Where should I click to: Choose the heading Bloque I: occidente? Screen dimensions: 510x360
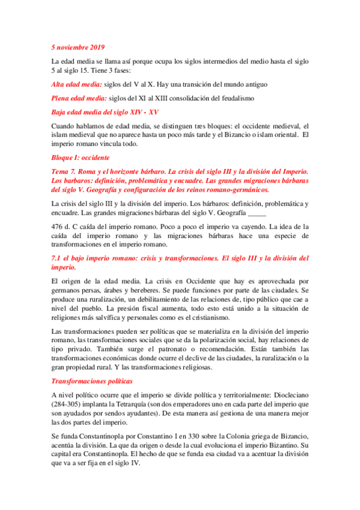pyautogui.click(x=79, y=158)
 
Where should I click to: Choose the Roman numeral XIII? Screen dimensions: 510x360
pyautogui.click(x=165, y=97)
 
